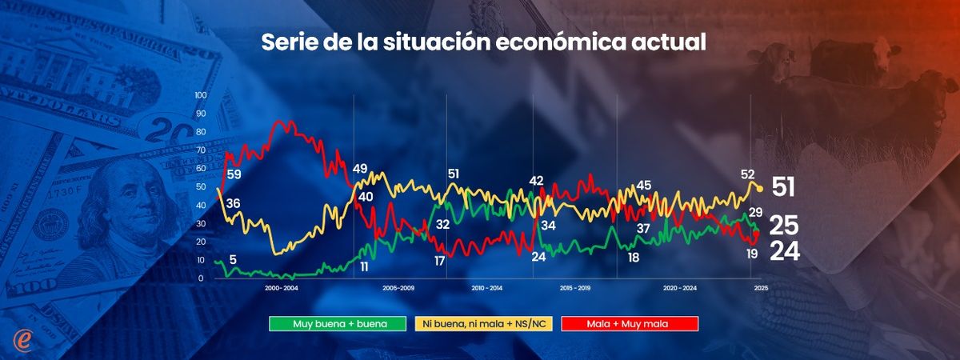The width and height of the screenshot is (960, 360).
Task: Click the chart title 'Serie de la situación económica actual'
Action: point(483,43)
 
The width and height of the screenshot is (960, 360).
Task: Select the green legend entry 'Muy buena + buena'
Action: point(330,323)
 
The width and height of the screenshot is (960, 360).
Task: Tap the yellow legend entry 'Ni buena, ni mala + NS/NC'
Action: point(483,323)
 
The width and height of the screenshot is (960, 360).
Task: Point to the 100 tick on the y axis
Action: point(201,95)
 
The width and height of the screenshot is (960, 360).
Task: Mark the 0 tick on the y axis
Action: point(204,278)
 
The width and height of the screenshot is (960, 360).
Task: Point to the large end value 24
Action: point(785,251)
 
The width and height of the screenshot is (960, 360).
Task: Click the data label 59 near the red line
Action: point(234,174)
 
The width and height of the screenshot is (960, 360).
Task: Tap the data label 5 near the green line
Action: point(232,259)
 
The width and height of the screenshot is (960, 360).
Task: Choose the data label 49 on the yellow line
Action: point(359,168)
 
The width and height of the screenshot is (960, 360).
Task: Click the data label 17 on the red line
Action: point(439,261)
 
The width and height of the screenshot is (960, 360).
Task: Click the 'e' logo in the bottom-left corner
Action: point(23,338)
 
